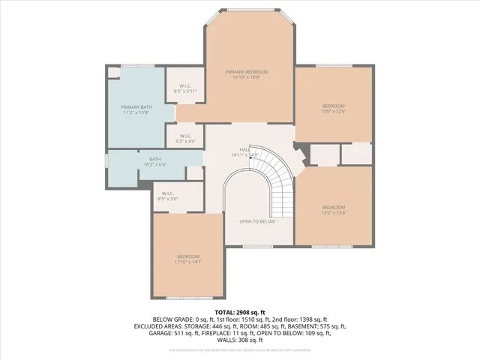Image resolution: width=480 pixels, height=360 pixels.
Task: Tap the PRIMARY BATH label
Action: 136,107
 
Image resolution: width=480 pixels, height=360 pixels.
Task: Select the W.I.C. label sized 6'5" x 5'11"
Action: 184,88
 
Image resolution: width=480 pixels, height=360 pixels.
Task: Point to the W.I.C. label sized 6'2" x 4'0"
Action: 185,137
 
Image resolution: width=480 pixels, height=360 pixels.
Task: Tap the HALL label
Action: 244,150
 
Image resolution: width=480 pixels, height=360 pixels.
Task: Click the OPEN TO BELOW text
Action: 257,221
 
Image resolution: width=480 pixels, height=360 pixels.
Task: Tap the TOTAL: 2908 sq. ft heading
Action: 240,312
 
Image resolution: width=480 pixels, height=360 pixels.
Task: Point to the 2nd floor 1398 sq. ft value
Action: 303,319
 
